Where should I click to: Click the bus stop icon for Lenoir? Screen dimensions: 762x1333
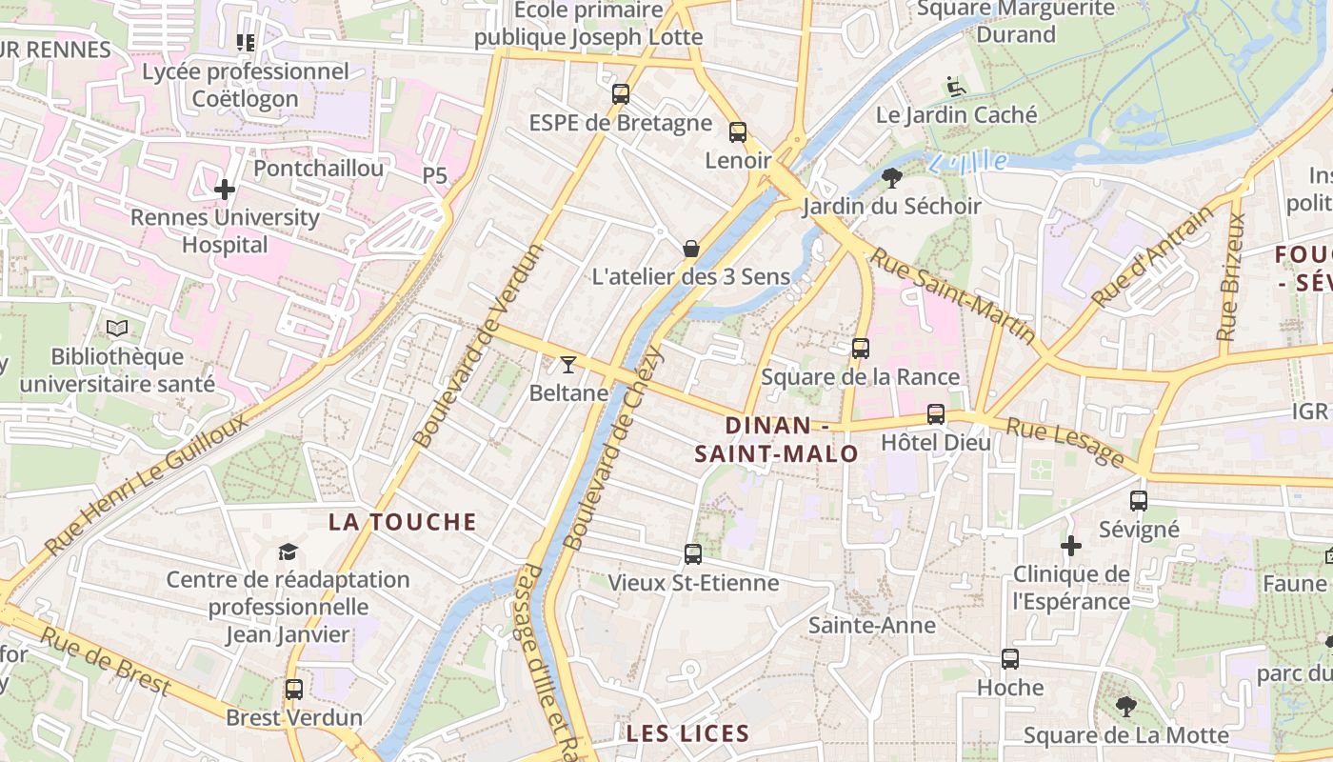tap(738, 132)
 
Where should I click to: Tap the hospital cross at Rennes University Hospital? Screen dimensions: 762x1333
tap(225, 190)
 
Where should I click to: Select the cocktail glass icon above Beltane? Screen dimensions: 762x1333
tap(568, 364)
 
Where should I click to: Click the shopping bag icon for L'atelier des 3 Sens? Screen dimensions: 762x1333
tap(691, 249)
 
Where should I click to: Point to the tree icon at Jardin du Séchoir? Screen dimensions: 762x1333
tap(892, 177)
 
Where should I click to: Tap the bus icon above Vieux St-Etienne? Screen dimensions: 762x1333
tap(693, 553)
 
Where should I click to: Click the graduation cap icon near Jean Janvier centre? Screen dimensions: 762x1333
tap(288, 551)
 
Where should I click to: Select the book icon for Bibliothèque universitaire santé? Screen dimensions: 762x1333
tap(117, 329)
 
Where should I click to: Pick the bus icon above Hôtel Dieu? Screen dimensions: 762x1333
tap(936, 414)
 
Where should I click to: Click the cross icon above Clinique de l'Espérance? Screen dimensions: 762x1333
tap(1071, 546)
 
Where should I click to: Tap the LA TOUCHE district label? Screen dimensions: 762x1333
tap(402, 522)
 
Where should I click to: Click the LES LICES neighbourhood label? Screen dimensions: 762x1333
tap(687, 733)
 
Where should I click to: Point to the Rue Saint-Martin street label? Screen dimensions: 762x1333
tap(953, 296)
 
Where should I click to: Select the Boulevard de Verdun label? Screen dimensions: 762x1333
tap(479, 346)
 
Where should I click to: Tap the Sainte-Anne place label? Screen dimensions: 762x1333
tap(871, 626)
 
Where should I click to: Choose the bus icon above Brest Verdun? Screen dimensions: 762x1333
tap(294, 689)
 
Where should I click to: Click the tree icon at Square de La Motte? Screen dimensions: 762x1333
tap(1126, 706)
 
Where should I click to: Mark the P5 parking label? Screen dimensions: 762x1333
tap(434, 176)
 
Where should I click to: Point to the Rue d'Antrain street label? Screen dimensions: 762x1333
tap(1153, 256)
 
